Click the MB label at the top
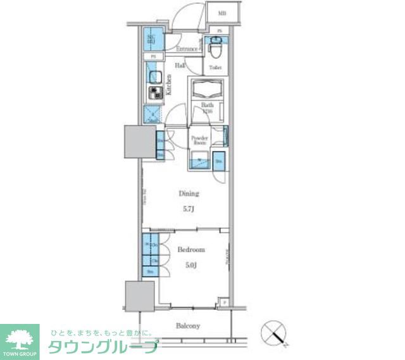(222, 13)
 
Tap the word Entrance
(187, 49)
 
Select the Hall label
(180, 65)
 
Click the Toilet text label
(215, 66)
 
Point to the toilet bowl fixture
(215, 46)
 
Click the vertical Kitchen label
(169, 85)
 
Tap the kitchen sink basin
(154, 77)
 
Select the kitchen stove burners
(154, 94)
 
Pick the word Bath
(207, 105)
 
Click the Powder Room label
(199, 140)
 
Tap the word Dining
(189, 194)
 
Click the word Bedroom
(190, 250)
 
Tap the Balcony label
(188, 326)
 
